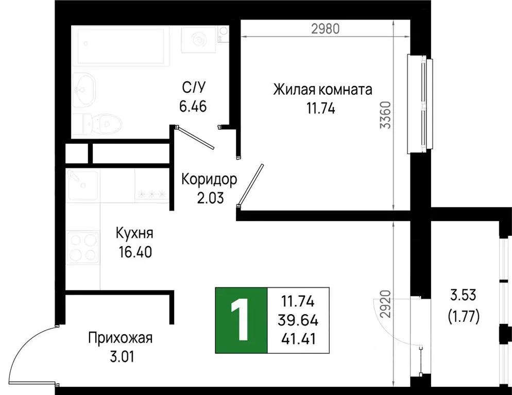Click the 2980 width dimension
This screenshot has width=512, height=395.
coord(326,29)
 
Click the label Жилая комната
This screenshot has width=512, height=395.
coord(322,90)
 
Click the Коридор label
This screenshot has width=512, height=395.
coord(209,179)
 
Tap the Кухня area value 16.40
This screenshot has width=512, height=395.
coord(134,252)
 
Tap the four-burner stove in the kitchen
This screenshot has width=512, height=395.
coord(82,248)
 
